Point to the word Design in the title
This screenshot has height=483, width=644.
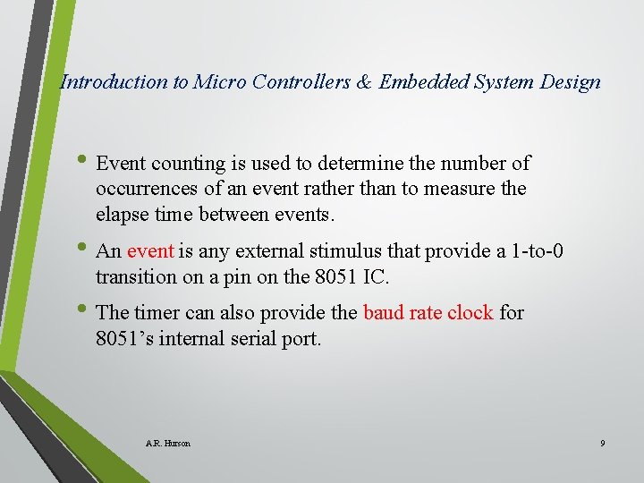click(571, 82)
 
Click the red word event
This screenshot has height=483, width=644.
click(149, 251)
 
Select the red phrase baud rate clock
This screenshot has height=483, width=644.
click(428, 313)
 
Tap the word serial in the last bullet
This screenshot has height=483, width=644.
click(259, 338)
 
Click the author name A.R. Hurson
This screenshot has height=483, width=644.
click(167, 444)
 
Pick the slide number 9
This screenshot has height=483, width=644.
click(603, 444)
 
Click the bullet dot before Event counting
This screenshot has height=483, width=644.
click(83, 162)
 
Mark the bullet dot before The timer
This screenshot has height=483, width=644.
click(83, 311)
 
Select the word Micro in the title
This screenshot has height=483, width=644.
click(220, 82)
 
